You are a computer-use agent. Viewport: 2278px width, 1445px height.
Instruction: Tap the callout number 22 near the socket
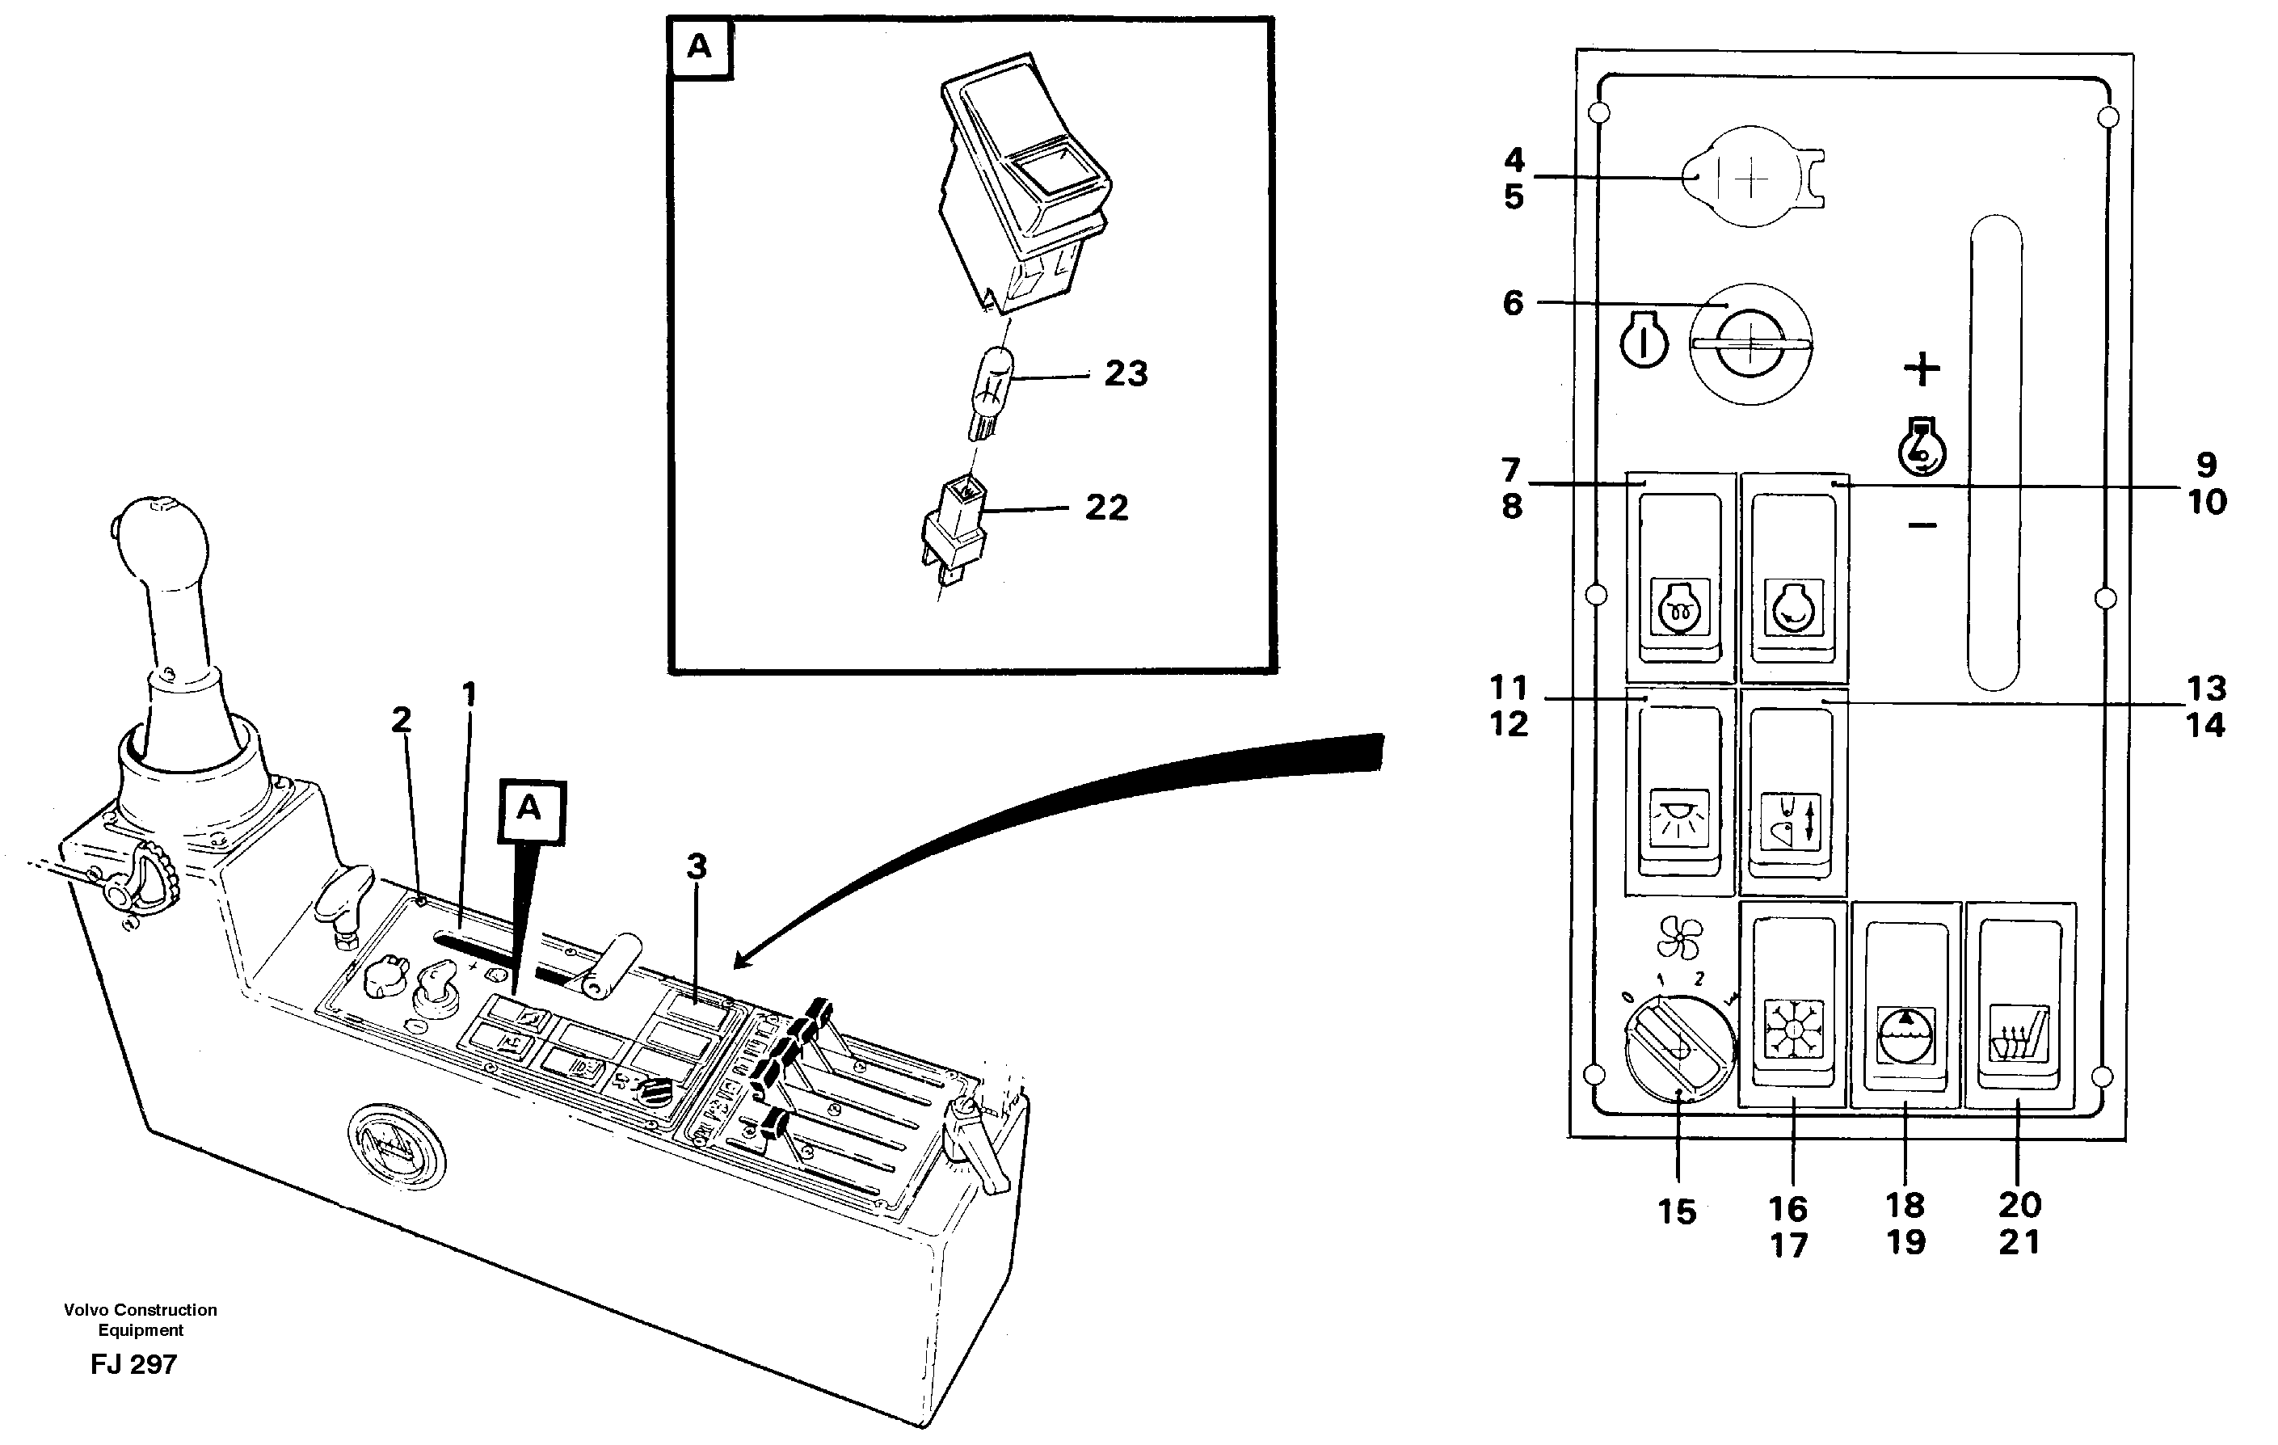point(1106,508)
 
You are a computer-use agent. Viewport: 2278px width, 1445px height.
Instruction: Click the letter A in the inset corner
point(699,46)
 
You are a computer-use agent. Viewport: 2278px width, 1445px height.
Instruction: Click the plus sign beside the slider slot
point(1922,369)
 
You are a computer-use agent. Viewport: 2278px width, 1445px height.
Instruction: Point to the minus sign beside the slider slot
point(1922,524)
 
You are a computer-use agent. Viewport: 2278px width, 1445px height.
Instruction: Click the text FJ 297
point(133,1364)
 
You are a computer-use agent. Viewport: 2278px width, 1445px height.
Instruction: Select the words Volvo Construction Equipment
point(140,1320)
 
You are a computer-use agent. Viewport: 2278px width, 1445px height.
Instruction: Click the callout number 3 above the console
point(697,866)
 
